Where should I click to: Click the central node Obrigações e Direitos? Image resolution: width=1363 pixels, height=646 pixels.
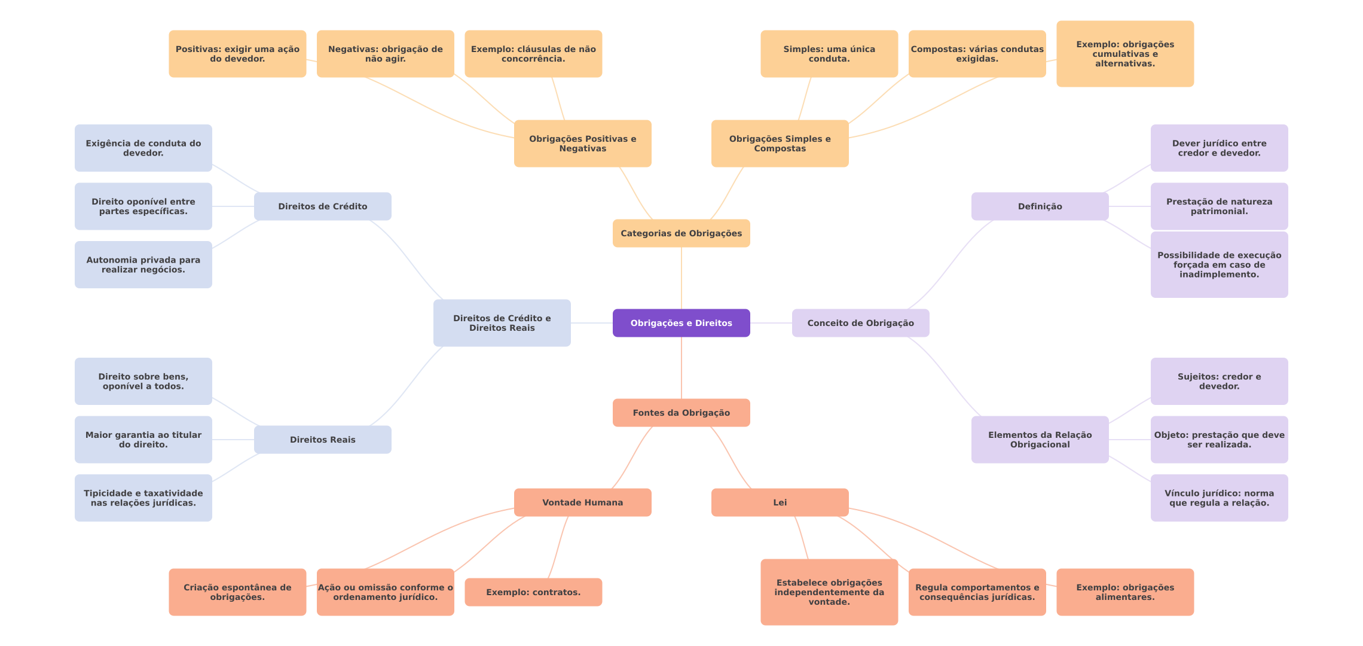681,323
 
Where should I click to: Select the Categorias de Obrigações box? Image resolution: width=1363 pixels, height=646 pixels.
681,233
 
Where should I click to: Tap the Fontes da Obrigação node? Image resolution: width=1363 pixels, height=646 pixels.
681,413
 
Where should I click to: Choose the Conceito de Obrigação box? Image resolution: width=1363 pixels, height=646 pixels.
860,323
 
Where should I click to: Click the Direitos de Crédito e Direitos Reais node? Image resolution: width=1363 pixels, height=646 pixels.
502,323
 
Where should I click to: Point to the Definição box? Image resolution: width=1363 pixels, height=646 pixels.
1040,206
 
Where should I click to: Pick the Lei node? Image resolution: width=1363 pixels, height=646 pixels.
780,502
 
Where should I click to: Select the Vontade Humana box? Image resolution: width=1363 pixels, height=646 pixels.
582,502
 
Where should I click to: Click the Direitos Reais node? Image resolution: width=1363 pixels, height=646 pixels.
322,440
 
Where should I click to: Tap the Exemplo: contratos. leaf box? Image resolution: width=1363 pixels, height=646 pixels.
533,592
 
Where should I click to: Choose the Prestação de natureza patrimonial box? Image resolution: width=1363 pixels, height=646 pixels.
1219,206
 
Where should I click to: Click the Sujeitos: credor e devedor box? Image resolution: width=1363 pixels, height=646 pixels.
1219,382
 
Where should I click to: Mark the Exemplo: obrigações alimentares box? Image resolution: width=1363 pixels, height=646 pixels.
1125,592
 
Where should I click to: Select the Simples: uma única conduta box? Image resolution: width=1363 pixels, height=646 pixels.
829,54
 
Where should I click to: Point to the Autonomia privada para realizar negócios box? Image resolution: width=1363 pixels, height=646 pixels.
143,264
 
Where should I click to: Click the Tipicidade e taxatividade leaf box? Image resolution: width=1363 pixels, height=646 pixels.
143,498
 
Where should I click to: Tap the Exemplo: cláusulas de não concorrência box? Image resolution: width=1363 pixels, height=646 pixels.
533,54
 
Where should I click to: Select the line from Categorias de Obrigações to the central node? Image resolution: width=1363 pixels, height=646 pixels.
681,278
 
